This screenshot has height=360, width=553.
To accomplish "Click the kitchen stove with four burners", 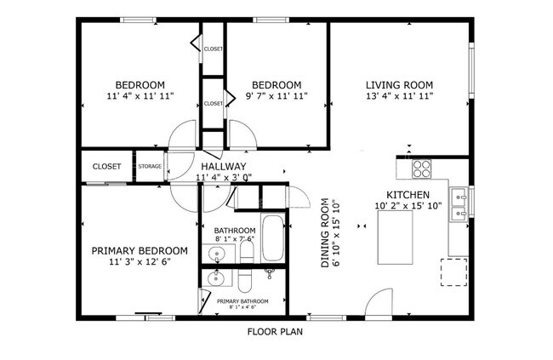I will coord(421,169).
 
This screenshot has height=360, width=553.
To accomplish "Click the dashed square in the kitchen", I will coord(453,271).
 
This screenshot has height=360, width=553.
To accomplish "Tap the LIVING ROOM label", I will coord(399,85).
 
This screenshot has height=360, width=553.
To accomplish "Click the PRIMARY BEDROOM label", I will coord(140,250).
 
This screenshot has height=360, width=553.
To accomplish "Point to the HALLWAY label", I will coord(224,166).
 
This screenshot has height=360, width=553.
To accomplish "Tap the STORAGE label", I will coord(151,167).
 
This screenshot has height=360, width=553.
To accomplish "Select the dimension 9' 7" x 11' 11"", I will coord(276,97).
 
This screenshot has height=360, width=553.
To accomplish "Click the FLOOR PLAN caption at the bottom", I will coord(275,332).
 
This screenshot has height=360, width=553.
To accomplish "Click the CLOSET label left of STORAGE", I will coord(106,167).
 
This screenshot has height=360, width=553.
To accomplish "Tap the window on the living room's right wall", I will coord(471,72).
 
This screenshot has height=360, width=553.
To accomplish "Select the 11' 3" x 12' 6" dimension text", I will coord(140,262).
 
